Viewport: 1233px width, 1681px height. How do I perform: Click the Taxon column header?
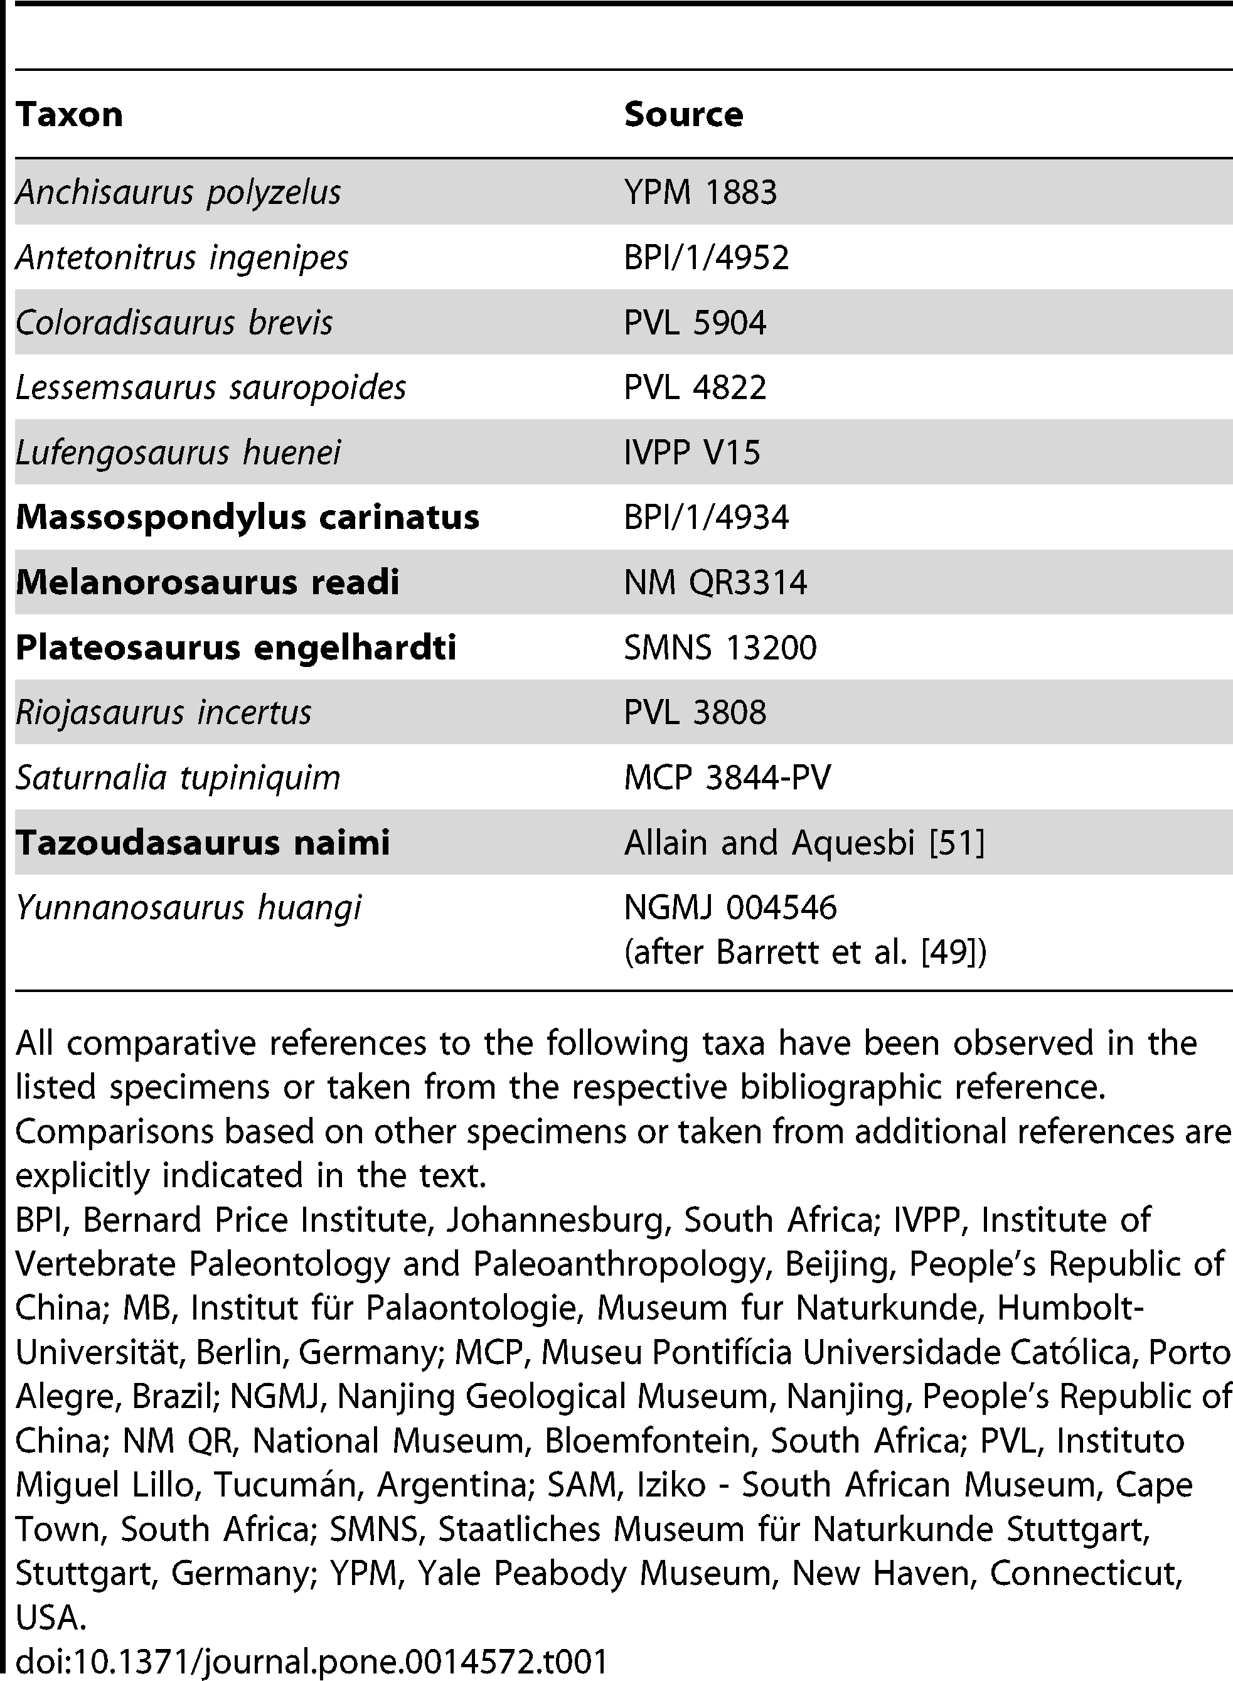70,115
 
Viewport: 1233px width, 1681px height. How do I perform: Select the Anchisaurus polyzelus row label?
178,193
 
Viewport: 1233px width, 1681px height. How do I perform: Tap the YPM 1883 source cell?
700,193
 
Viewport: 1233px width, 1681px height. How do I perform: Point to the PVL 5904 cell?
695,323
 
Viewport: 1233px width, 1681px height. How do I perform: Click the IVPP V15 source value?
692,453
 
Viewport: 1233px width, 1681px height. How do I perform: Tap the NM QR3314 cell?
715,583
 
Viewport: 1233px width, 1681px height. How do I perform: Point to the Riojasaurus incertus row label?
163,713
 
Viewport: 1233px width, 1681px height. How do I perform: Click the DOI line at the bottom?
311,1662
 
